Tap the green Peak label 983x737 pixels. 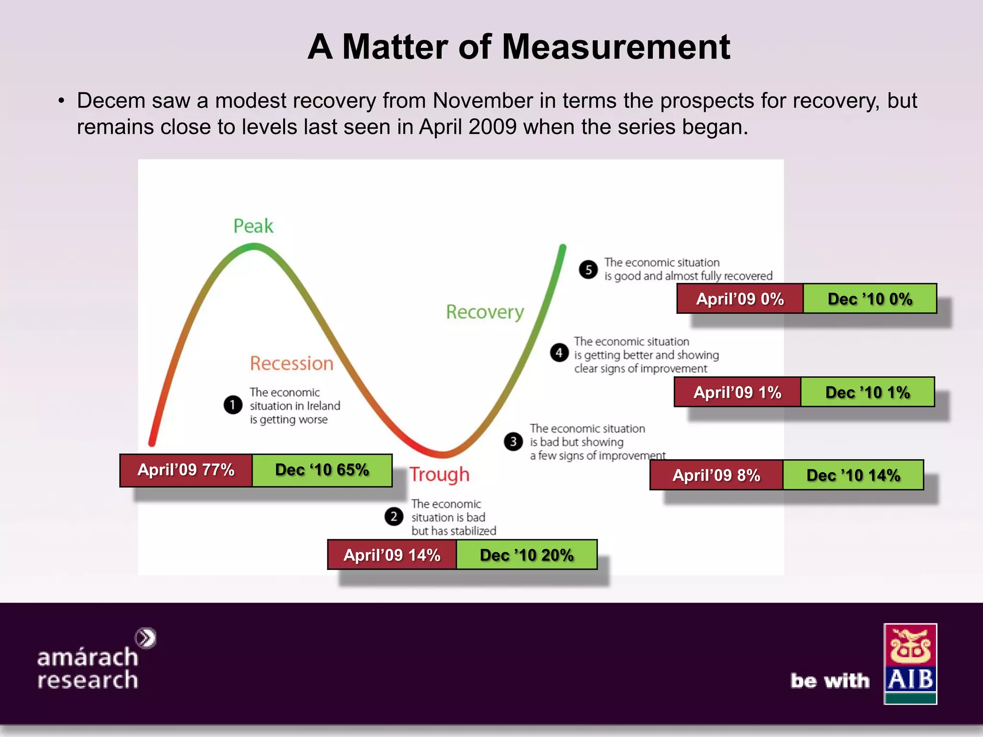(x=253, y=226)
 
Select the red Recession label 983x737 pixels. (x=291, y=364)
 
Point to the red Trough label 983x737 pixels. (x=439, y=475)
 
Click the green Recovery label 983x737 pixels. (x=485, y=312)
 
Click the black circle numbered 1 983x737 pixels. (x=233, y=405)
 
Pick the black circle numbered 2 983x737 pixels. (x=394, y=517)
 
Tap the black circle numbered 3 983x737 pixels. (x=513, y=441)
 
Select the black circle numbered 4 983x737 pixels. (x=559, y=353)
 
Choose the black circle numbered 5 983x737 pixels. (x=588, y=270)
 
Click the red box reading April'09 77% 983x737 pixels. (x=186, y=470)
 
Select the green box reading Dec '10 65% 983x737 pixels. (x=322, y=470)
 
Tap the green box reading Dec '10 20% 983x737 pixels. (x=527, y=555)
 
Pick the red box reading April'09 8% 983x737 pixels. (x=716, y=475)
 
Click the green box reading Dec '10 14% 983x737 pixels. (x=853, y=475)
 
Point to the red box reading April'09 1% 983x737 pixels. (x=737, y=392)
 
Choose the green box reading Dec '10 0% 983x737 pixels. (x=870, y=299)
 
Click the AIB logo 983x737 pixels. (x=910, y=664)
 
